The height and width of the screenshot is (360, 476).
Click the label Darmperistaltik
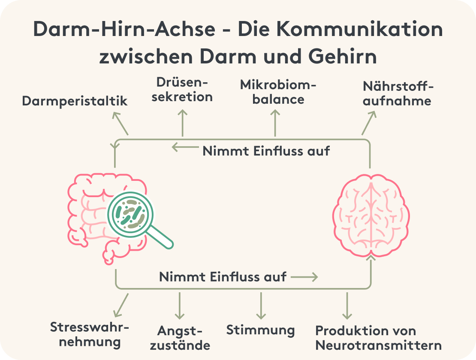75,101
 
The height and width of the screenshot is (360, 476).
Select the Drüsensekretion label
184,89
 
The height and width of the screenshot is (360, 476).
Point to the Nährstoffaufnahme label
397,93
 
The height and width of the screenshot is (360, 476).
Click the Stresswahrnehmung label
89,334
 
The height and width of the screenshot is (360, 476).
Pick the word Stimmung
260,330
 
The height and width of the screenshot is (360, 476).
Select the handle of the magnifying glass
161,237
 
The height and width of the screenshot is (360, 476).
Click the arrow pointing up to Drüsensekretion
183,123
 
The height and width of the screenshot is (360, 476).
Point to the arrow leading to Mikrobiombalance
275,123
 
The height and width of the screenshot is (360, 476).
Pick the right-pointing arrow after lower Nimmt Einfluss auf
304,277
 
